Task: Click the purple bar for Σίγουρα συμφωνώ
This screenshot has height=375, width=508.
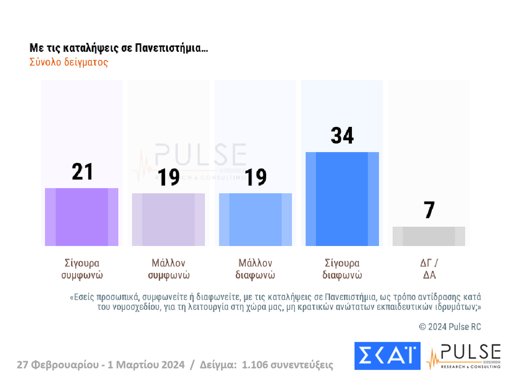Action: coord(81,217)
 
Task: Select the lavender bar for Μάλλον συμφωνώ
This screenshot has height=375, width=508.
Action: coord(168,219)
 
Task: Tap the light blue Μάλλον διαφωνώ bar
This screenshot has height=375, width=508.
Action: coord(255,219)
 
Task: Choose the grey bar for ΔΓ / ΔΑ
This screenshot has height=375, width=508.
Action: coord(429,236)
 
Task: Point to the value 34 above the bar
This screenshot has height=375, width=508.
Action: coord(342,136)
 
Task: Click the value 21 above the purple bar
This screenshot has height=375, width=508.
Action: coord(82,172)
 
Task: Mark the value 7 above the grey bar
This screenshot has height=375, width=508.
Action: coord(429,210)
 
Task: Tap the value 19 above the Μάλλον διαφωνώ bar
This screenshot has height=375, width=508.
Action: coord(256,178)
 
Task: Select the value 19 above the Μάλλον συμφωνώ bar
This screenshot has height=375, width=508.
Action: coord(169,178)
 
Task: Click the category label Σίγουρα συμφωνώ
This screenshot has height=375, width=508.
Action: coord(81,269)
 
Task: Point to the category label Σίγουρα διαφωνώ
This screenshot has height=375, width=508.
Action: coord(342,269)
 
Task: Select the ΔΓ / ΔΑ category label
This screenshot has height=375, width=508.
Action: coord(429,269)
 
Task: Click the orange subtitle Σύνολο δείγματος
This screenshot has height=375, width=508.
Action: coord(69,62)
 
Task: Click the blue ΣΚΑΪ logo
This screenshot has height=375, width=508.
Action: coord(387,355)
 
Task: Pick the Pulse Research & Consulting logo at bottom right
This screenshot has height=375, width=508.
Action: coord(464,355)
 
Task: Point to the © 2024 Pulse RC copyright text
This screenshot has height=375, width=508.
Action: coord(450,326)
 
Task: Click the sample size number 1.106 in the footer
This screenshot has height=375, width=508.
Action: coord(256,364)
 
